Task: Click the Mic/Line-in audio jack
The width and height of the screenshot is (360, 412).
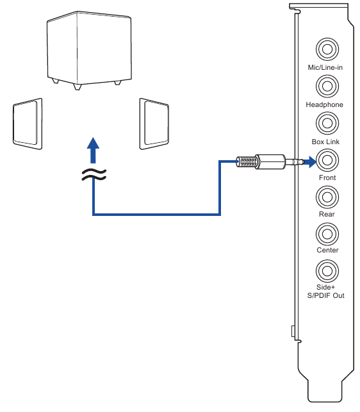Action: (327, 49)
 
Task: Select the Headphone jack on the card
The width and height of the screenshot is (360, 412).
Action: (327, 85)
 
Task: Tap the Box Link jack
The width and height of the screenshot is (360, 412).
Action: (327, 122)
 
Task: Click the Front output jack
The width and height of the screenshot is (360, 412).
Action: (327, 159)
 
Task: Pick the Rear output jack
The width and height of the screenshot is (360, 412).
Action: (327, 195)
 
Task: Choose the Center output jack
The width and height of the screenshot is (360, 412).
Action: (327, 232)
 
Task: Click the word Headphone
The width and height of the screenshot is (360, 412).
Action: (325, 104)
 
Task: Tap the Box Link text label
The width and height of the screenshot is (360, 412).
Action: (326, 141)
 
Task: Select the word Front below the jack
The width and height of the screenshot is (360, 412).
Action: (327, 177)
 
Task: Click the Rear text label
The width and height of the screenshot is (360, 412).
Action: (327, 214)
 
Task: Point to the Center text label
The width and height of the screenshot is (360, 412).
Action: (327, 251)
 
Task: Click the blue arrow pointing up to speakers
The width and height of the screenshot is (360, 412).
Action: (94, 152)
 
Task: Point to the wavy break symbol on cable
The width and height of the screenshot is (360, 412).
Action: (94, 175)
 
